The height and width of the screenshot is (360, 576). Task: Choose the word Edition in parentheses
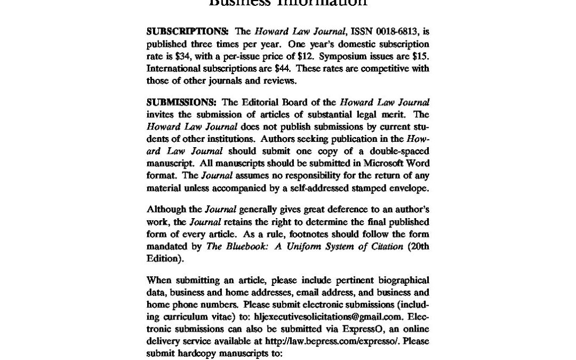click(164, 259)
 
